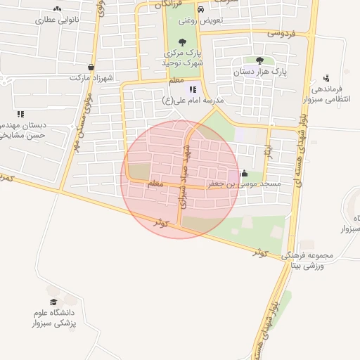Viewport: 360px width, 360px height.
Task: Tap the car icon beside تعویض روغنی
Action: tap(201, 10)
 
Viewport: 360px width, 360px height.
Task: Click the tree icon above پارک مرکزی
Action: tap(183, 41)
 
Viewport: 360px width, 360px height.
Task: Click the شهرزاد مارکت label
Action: tap(91, 77)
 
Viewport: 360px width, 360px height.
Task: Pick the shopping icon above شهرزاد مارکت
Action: tap(90, 67)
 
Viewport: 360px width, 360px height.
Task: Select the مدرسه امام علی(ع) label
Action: tap(192, 100)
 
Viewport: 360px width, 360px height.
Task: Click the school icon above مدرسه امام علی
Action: tap(192, 89)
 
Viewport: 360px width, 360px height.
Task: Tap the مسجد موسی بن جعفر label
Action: tap(243, 184)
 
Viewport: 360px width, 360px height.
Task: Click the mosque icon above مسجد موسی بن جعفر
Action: tap(244, 173)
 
